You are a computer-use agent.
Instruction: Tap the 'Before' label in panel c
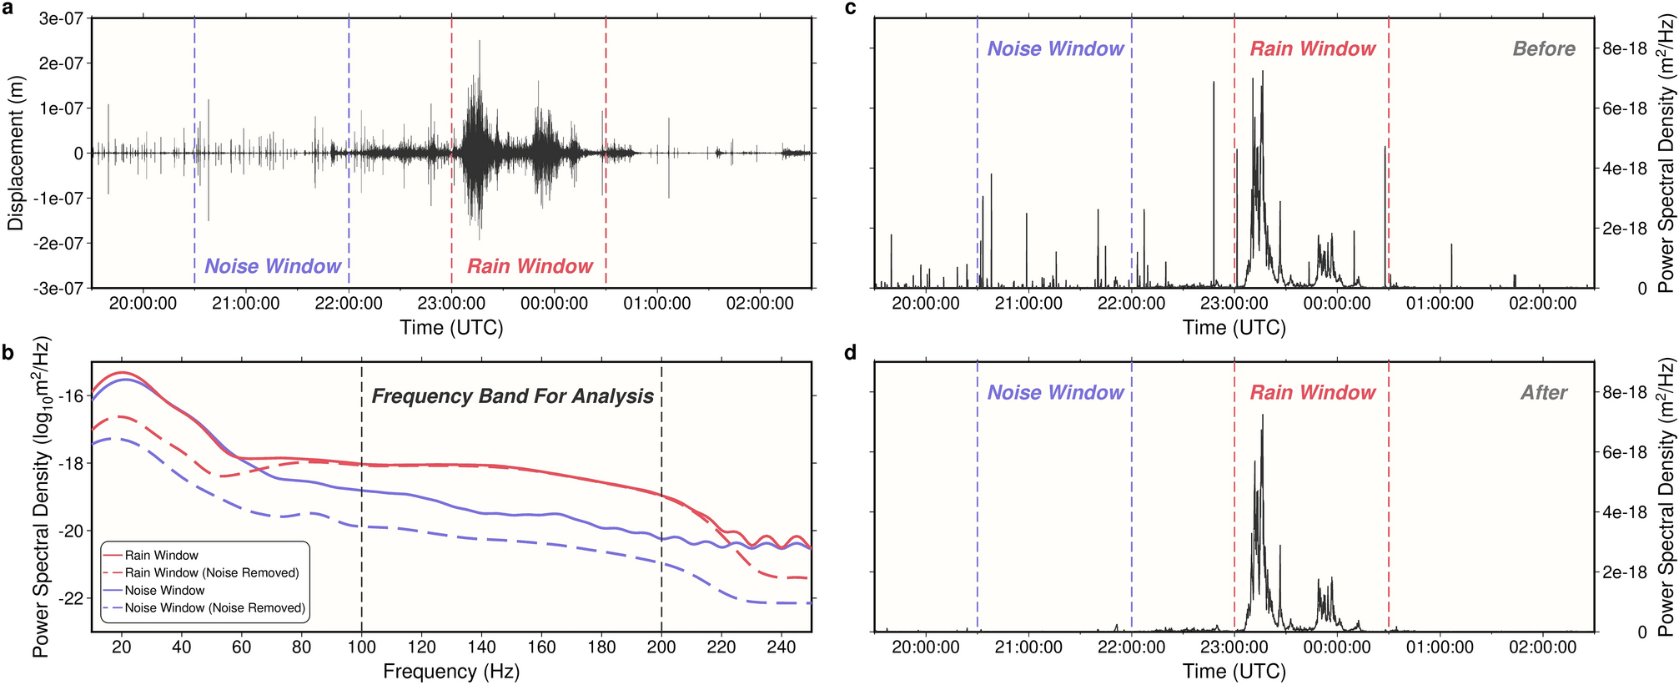pyautogui.click(x=1543, y=49)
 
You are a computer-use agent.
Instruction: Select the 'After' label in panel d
pyautogui.click(x=1543, y=393)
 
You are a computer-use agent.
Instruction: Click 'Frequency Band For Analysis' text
pyautogui.click(x=512, y=396)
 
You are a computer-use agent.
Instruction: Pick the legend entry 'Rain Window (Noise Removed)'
pyautogui.click(x=212, y=573)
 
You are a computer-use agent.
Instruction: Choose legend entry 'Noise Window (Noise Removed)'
pyautogui.click(x=214, y=608)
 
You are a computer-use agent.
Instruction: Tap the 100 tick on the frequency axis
pyautogui.click(x=361, y=647)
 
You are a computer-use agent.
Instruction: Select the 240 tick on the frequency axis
pyautogui.click(x=781, y=647)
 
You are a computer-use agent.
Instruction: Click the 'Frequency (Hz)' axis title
pyautogui.click(x=450, y=672)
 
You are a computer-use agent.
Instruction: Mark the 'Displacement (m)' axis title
pyautogui.click(x=15, y=153)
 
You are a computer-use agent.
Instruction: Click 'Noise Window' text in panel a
pyautogui.click(x=273, y=266)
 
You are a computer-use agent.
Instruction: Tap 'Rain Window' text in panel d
pyautogui.click(x=1312, y=393)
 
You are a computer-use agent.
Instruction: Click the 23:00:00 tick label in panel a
pyautogui.click(x=451, y=304)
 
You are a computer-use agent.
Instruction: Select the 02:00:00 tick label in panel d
pyautogui.click(x=1542, y=647)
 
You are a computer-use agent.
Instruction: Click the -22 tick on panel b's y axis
pyautogui.click(x=72, y=599)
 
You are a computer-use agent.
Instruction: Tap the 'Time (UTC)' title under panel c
pyautogui.click(x=1234, y=328)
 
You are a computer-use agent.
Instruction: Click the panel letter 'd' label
pyautogui.click(x=851, y=353)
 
